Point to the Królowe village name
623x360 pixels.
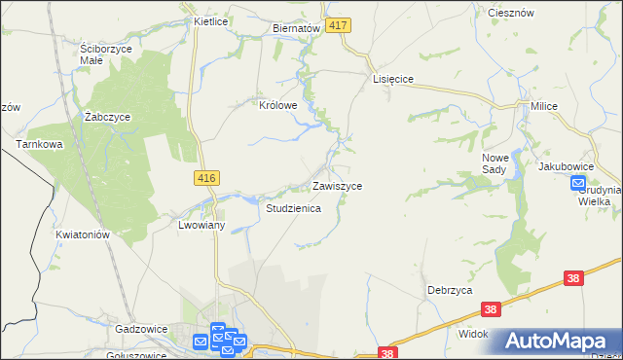pyautogui.click(x=276, y=106)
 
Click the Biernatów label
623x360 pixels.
pyautogui.click(x=297, y=29)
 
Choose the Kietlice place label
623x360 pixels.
pyautogui.click(x=210, y=20)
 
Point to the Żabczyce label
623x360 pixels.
pyautogui.click(x=107, y=117)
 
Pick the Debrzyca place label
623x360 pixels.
pyautogui.click(x=450, y=290)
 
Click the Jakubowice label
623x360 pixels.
pyautogui.click(x=567, y=166)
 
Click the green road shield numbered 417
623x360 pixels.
pyautogui.click(x=338, y=25)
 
